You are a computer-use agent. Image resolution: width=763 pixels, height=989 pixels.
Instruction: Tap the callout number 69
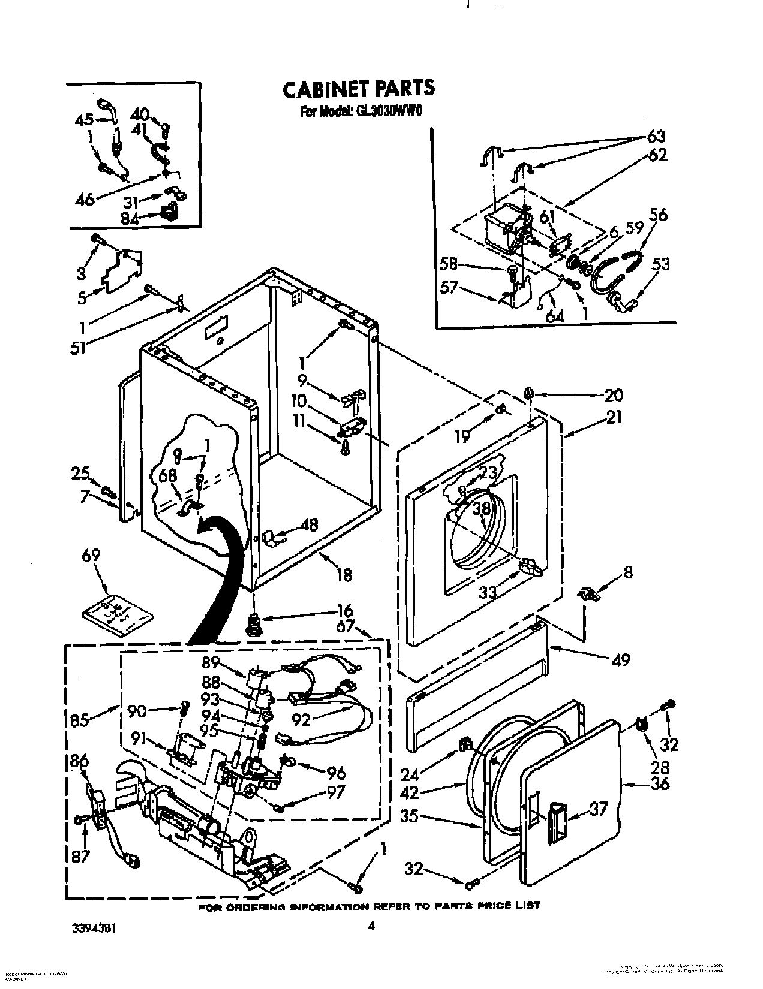click(92, 554)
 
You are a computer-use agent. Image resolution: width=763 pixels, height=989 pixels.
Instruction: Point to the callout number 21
click(613, 416)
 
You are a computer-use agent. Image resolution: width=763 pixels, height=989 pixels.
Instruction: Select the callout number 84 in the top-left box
click(129, 219)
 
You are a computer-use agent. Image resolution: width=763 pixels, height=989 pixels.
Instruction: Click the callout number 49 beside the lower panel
click(620, 659)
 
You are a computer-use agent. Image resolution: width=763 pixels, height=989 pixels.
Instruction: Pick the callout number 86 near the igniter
click(79, 762)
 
